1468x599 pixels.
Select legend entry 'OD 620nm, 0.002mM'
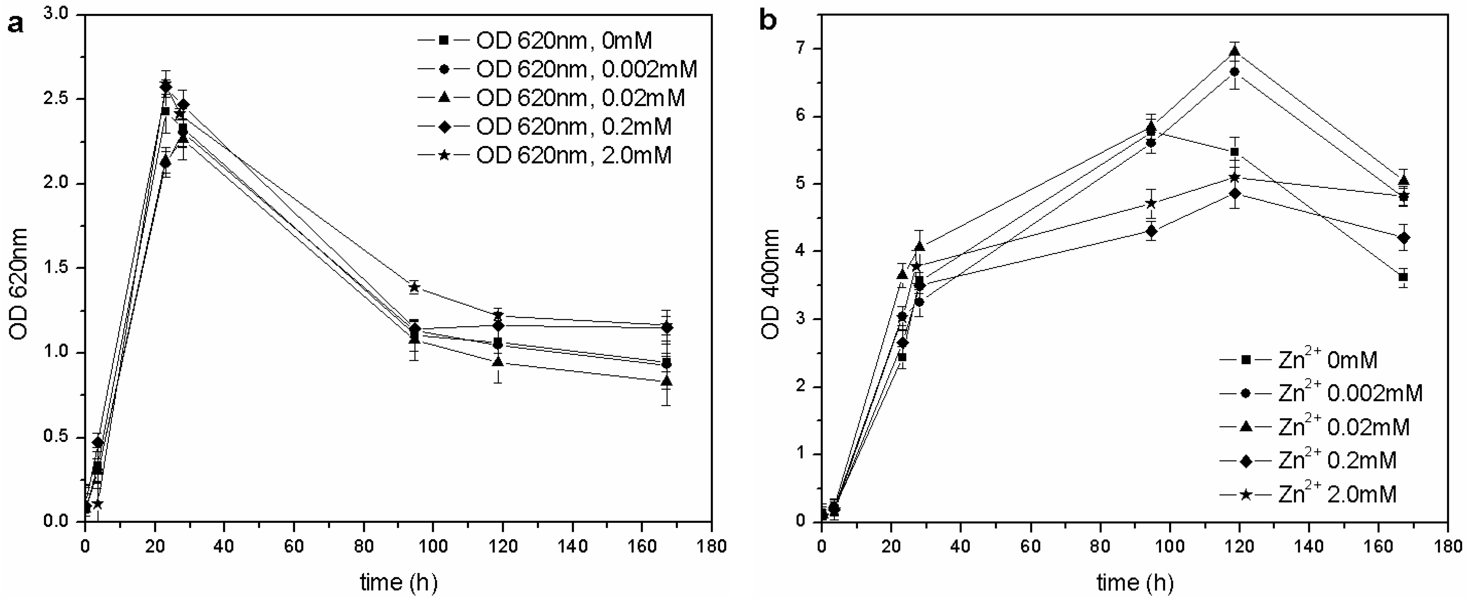coord(587,69)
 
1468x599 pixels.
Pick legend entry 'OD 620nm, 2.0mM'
coord(574,155)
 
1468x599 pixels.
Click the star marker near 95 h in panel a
coord(414,287)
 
